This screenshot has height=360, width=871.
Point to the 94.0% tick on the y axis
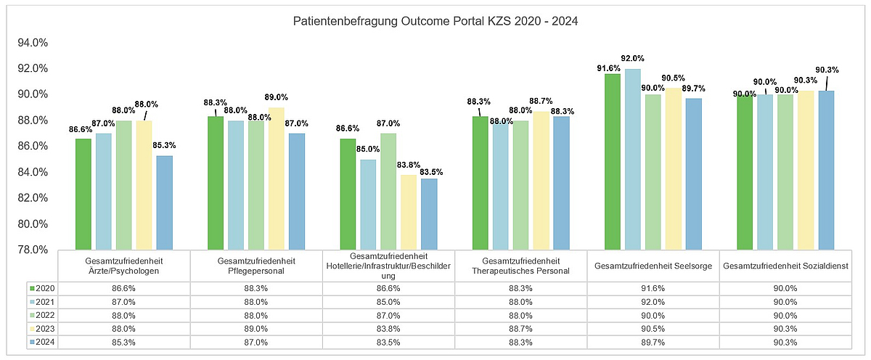[32, 43]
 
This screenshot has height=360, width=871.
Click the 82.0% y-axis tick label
[32, 198]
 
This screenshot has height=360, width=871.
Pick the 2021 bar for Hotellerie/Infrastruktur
[369, 205]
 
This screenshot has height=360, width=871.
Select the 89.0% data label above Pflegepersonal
[277, 97]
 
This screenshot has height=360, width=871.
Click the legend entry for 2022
[42, 315]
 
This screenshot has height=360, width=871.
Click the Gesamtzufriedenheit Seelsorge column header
[653, 266]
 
